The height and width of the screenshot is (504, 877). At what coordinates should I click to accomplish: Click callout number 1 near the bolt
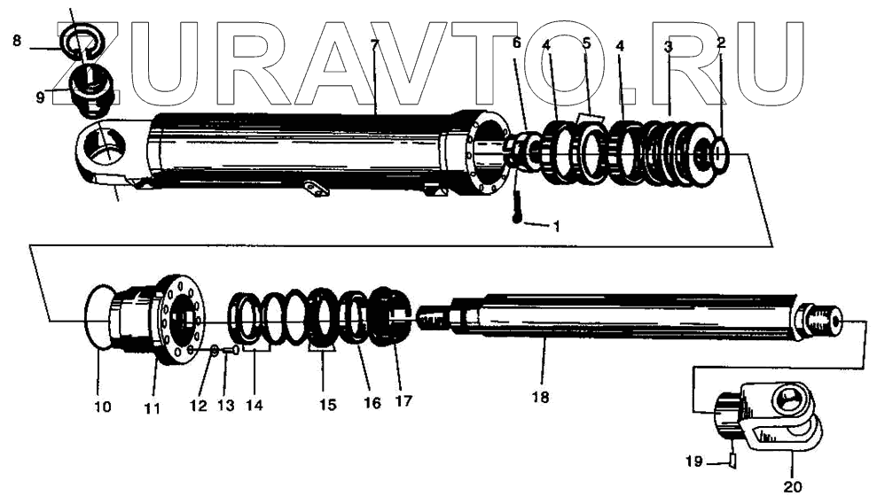pyautogui.click(x=556, y=226)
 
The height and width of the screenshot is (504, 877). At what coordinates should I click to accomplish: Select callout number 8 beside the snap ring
pyautogui.click(x=16, y=40)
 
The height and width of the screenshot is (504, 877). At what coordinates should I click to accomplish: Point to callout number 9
pyautogui.click(x=40, y=97)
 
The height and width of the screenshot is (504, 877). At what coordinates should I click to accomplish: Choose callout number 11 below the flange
pyautogui.click(x=152, y=408)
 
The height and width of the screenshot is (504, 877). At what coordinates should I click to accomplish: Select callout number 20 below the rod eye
pyautogui.click(x=793, y=485)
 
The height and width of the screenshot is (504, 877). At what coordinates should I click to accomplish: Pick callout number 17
pyautogui.click(x=403, y=401)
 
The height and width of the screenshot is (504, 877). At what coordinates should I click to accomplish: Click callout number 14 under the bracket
pyautogui.click(x=254, y=405)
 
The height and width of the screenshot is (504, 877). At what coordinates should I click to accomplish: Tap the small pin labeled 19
pyautogui.click(x=732, y=459)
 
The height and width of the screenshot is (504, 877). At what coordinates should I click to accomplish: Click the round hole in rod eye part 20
pyautogui.click(x=787, y=400)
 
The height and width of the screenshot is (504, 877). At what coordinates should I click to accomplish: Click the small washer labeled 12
pyautogui.click(x=215, y=353)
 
